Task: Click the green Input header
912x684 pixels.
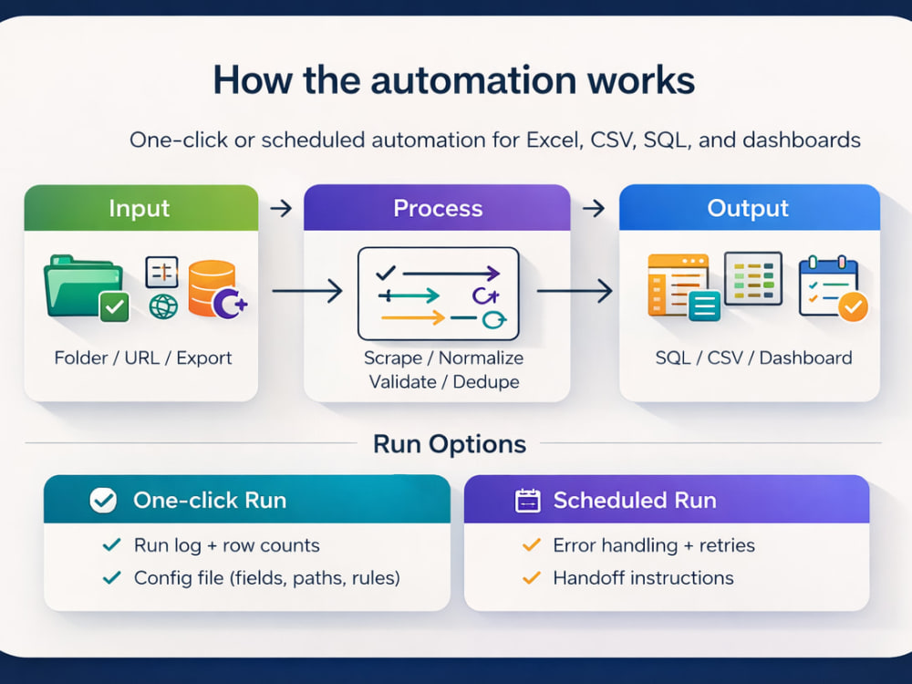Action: coord(141,208)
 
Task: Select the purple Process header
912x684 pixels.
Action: coord(437,208)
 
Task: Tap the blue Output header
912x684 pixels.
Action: coord(749,208)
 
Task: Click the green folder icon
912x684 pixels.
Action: coord(86,287)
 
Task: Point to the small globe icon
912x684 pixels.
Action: coord(163,306)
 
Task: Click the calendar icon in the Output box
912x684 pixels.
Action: coord(833,287)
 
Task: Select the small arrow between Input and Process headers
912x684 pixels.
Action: coord(281,208)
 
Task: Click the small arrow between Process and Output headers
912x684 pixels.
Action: coord(594,208)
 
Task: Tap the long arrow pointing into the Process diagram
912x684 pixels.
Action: coord(307,291)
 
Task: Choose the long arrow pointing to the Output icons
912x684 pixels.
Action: coord(575,291)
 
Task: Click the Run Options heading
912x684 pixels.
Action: coord(450,444)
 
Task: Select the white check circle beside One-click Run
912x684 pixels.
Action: coord(104,500)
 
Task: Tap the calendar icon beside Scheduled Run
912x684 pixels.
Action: coord(528,500)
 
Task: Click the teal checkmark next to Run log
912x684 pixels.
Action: coord(111,545)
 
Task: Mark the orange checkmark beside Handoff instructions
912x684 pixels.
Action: coord(532,577)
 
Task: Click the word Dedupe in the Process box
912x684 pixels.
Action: coord(486,382)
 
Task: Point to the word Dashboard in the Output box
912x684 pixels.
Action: coord(805,358)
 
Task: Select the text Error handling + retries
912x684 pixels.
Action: coord(654,545)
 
